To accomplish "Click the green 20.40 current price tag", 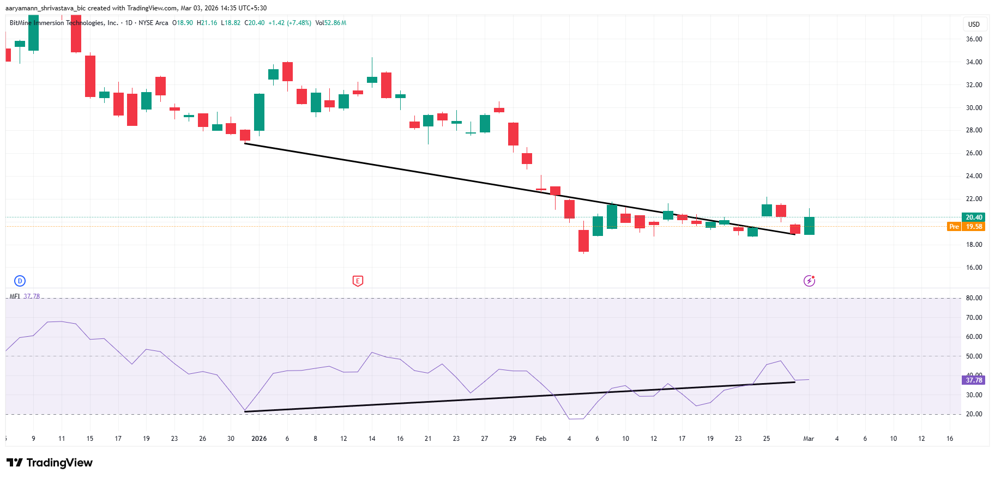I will click(973, 217).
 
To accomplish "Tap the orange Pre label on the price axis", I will click(954, 227).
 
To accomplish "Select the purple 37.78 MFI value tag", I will click(973, 380).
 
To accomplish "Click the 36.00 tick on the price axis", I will click(974, 39).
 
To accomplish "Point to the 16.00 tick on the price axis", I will click(974, 268).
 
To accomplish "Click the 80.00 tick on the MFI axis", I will click(974, 298).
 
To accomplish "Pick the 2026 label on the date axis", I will click(259, 439).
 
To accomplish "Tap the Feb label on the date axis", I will click(541, 439).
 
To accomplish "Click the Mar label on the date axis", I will click(809, 439).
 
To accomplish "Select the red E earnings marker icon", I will click(358, 281).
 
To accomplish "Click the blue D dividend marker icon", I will click(20, 281).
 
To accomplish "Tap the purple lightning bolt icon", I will click(809, 281).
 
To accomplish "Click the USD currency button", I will click(974, 25).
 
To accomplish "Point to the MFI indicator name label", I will click(15, 296).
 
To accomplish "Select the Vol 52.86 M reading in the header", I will click(331, 23).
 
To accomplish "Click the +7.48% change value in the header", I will click(299, 23).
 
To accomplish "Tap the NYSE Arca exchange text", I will click(153, 23).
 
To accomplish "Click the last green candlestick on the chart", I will click(809, 226).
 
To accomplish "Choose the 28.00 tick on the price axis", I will click(974, 130).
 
